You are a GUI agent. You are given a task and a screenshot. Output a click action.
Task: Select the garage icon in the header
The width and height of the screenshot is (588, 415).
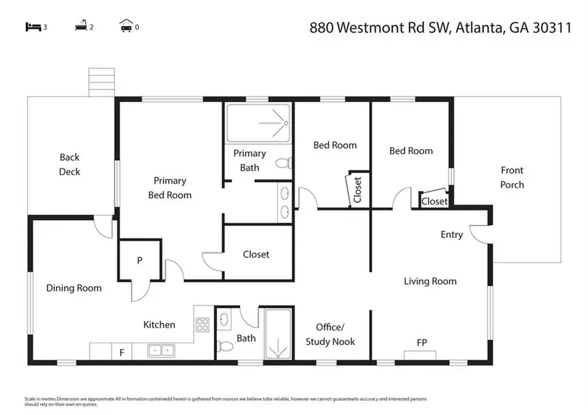126,27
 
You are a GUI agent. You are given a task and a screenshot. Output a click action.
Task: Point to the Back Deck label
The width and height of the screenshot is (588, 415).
69,164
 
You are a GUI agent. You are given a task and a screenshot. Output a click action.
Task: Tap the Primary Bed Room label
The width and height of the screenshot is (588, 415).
170,188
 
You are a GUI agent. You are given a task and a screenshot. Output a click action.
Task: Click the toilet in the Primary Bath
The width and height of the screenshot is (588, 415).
283,163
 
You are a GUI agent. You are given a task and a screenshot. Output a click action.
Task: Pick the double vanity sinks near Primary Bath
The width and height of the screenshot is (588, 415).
286,203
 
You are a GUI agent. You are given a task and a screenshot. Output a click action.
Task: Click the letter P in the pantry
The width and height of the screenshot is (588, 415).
139,260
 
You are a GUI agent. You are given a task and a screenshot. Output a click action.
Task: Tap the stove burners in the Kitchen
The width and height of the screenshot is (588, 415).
203,324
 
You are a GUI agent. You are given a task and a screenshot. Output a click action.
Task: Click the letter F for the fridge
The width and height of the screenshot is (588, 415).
122,353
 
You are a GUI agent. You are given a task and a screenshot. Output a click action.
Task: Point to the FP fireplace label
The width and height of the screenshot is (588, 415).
423,342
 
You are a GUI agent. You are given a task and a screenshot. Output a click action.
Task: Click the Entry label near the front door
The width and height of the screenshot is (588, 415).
451,235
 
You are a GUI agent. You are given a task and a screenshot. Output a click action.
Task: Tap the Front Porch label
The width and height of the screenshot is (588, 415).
512,177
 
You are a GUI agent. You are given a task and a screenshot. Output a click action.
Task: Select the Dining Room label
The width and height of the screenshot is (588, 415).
74,288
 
